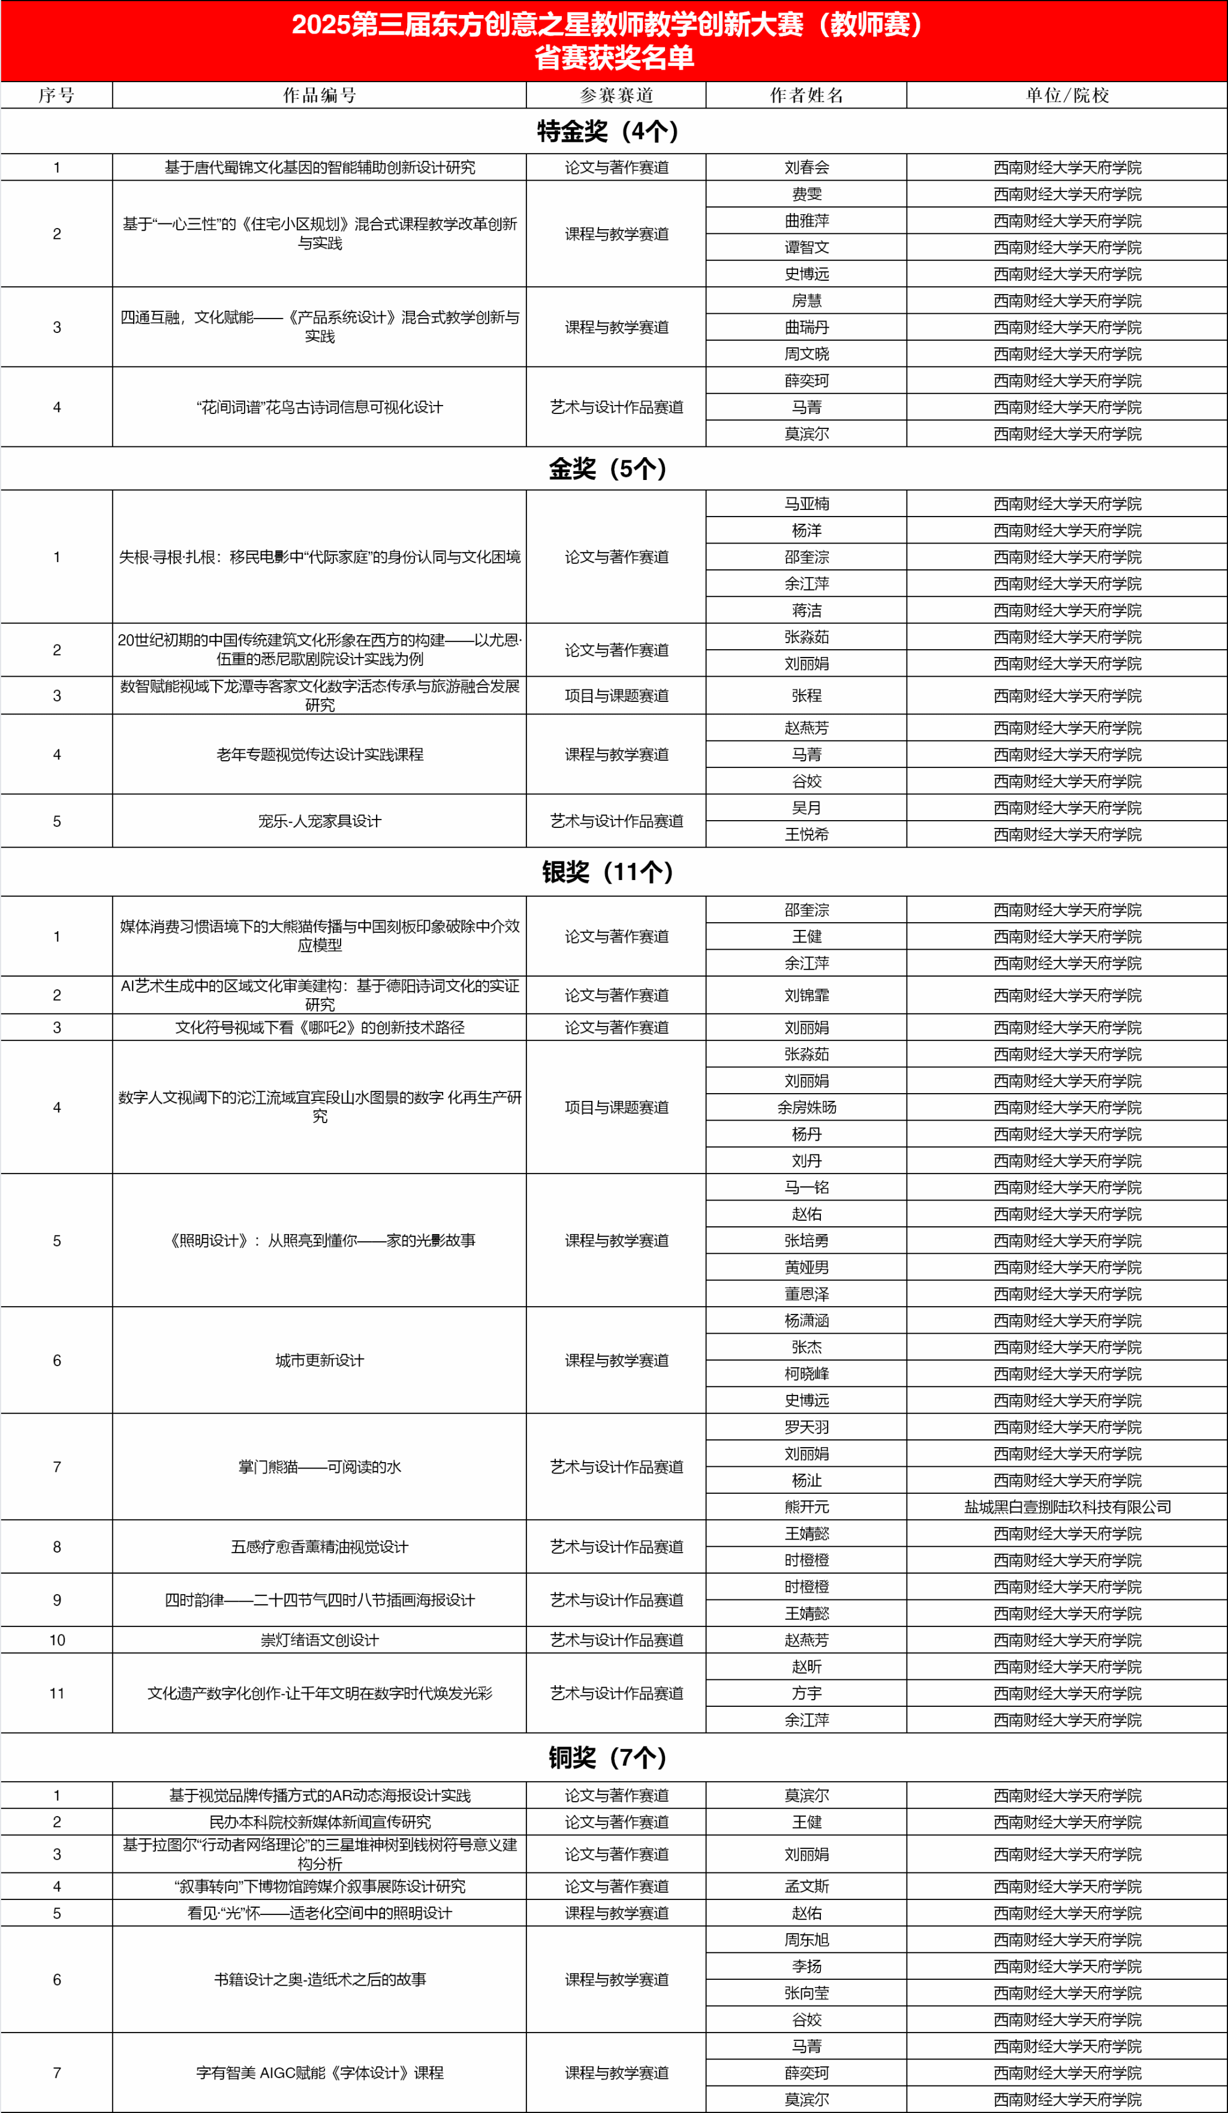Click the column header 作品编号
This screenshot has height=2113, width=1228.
[320, 95]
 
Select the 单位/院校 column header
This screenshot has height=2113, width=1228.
[1067, 95]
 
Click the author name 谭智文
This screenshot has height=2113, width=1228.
[806, 247]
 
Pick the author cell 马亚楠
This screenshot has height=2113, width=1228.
[806, 504]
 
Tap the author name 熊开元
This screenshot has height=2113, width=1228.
[806, 1507]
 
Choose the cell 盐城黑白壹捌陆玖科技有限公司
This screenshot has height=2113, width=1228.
[1067, 1507]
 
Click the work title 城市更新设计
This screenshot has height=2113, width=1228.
[320, 1360]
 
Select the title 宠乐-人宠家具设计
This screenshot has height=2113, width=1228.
[320, 821]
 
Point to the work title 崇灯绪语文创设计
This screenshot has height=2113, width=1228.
[320, 1640]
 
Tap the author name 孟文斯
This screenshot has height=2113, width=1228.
[806, 1886]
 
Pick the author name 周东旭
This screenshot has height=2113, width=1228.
[806, 1940]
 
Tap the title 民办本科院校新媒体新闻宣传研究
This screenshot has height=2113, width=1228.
[320, 1822]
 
